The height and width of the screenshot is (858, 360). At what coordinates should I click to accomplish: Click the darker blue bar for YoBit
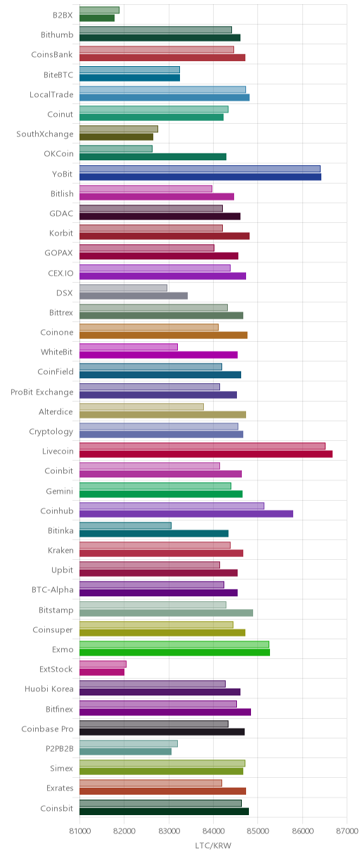pos(200,177)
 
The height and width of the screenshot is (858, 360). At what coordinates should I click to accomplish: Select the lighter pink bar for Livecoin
pos(202,446)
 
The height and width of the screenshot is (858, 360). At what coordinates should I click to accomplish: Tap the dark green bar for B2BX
pos(97,18)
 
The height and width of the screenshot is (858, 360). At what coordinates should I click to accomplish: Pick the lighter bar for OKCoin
pos(115,148)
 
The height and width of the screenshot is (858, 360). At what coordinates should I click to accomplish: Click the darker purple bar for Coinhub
pos(186,513)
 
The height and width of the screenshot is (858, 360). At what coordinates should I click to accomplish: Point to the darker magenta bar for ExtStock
pos(102,672)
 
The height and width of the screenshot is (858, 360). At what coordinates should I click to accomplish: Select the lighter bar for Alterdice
pos(141,406)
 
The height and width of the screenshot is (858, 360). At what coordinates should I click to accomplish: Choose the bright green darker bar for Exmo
pos(174,653)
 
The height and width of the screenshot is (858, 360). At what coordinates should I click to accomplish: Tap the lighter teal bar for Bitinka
pos(125,525)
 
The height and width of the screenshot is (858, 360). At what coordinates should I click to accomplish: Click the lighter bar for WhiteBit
pos(128,347)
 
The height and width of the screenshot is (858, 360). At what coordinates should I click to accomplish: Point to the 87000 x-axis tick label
pos(347,831)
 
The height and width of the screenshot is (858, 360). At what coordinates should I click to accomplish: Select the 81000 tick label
pos(79,831)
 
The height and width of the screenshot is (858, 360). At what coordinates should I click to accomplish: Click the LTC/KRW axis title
pos(213,845)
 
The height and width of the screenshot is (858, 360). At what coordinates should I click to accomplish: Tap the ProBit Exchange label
pos(41,392)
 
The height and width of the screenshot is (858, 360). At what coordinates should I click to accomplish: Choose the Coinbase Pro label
pos(47,729)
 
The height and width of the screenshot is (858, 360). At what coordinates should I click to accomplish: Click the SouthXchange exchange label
pos(44,134)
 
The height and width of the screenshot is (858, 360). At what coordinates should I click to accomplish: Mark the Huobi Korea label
pos(49,689)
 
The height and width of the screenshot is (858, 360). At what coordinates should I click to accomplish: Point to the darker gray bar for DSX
pos(134,295)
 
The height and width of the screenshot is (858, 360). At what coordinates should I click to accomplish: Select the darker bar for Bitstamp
pos(166,613)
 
